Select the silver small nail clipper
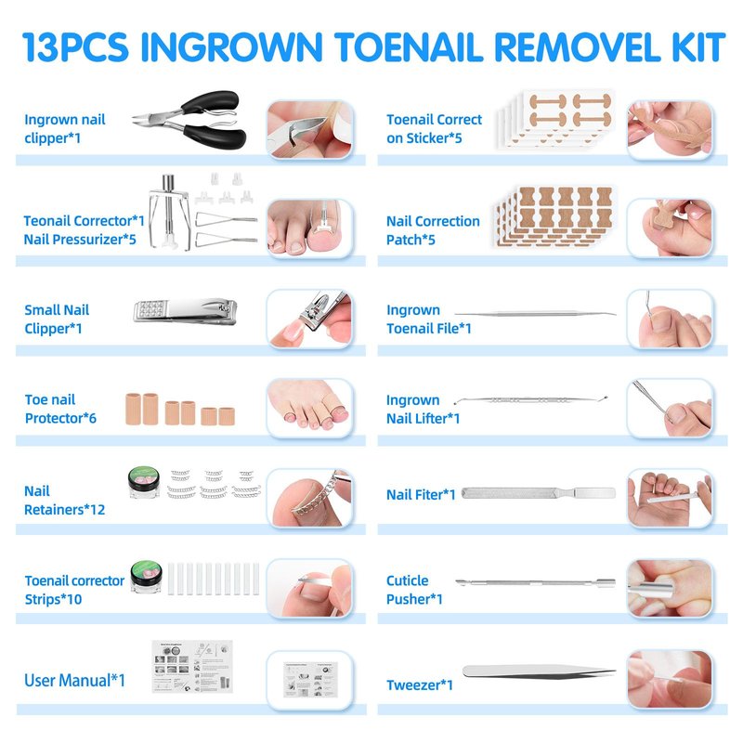tap(185, 311)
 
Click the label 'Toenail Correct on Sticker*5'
tap(434, 129)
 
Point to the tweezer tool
tap(539, 671)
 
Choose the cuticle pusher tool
tap(536, 582)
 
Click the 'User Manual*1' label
tap(75, 681)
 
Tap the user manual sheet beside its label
tap(192, 666)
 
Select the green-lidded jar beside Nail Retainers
tap(144, 482)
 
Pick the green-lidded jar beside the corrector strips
tap(147, 576)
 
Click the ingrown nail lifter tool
tap(530, 400)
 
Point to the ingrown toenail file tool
tap(536, 313)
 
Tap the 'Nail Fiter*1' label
tap(421, 495)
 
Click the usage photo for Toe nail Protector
tap(310, 408)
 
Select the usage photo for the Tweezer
tap(670, 680)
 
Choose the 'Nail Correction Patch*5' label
tap(433, 230)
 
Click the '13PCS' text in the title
tap(75, 47)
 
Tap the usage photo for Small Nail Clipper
tap(310, 319)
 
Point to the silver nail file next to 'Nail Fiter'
tap(539, 493)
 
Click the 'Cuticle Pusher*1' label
tap(414, 590)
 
